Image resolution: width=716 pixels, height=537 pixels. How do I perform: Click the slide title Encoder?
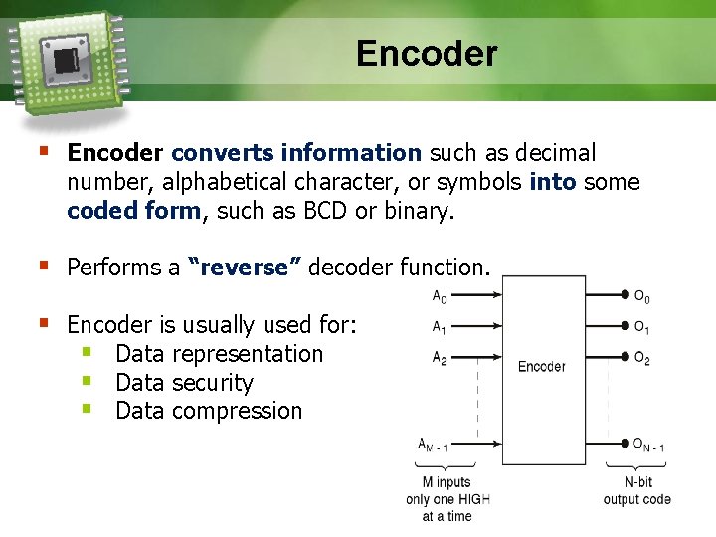point(427,53)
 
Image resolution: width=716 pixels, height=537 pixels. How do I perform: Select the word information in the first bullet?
point(352,153)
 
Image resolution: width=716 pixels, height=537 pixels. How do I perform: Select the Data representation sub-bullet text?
point(219,354)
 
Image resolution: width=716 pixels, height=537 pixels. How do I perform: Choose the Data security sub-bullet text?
point(184,383)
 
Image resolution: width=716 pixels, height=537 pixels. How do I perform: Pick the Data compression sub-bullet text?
point(208,411)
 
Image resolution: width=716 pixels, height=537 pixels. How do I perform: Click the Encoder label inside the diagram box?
point(541,366)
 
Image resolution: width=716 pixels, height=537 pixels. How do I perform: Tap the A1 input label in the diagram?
point(439,326)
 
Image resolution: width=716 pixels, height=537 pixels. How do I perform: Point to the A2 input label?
point(439,358)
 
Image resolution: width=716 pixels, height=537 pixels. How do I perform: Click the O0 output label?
point(642,296)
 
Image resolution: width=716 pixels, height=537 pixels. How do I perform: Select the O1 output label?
point(642,328)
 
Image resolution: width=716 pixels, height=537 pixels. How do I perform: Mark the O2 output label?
point(642,359)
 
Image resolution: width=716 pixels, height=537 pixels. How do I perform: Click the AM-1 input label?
point(432,446)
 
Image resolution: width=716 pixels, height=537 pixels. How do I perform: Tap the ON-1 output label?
point(648,446)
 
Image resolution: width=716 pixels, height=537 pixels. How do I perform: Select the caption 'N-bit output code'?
point(636,491)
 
